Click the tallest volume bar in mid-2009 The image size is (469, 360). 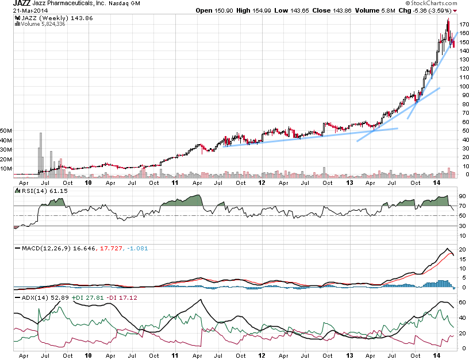pos(41,153)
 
